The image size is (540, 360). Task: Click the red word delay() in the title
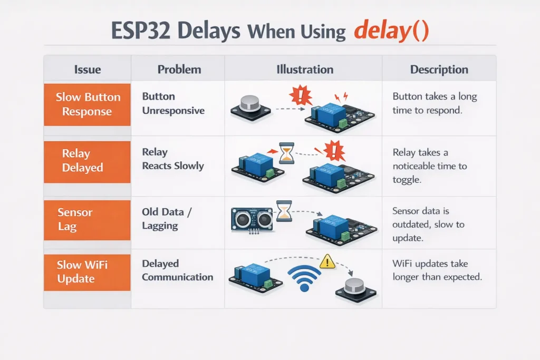(x=391, y=31)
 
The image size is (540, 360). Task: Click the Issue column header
(x=88, y=70)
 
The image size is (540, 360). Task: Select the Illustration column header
(x=305, y=70)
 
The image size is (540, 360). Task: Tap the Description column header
(x=439, y=70)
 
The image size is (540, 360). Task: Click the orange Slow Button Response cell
(x=88, y=104)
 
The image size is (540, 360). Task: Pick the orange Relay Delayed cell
(x=88, y=161)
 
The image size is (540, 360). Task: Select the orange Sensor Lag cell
(x=88, y=220)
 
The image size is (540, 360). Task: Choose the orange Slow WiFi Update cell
(x=88, y=271)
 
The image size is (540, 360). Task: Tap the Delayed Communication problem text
(x=177, y=270)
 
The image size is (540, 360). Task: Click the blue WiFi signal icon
(x=304, y=278)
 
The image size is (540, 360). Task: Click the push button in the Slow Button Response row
(x=250, y=105)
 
